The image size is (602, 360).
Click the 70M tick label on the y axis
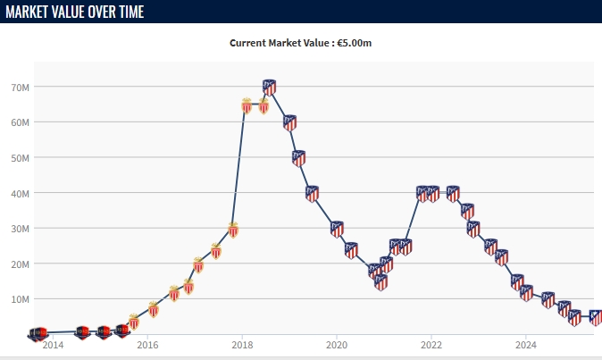(20, 87)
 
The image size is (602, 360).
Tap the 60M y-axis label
(20, 122)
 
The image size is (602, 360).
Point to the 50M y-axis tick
(20, 157)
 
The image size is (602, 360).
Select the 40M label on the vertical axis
(20, 193)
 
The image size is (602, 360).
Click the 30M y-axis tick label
(20, 228)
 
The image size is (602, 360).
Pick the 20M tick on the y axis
(20, 264)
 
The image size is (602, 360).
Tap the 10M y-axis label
(20, 298)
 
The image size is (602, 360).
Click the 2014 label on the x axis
(53, 344)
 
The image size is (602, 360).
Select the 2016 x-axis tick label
(147, 344)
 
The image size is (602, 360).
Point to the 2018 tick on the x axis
(241, 344)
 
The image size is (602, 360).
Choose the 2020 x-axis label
(336, 344)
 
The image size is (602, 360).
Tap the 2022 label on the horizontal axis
(431, 344)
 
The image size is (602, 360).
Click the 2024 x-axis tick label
(526, 344)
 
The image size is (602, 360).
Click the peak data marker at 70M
(269, 87)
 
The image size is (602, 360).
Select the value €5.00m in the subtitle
(355, 42)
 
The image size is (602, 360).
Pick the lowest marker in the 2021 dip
(380, 281)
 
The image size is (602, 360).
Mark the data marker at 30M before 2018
(233, 229)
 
